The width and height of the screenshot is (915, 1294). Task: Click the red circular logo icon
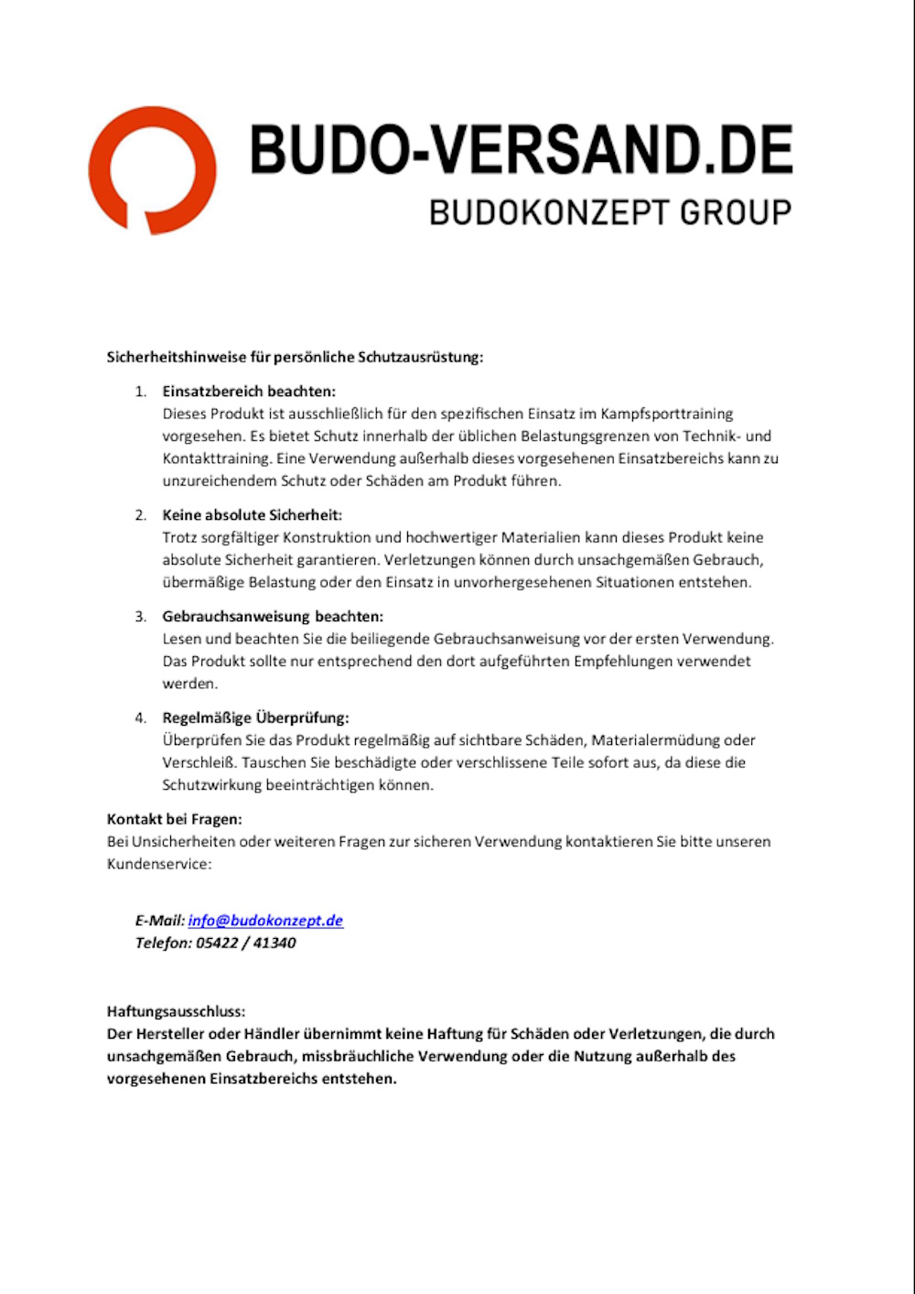click(152, 170)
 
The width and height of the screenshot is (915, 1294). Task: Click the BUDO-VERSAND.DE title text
click(521, 150)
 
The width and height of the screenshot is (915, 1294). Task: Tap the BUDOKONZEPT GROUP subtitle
click(610, 212)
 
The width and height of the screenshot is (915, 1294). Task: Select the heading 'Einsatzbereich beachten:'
click(249, 392)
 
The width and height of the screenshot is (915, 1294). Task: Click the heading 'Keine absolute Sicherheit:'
click(252, 515)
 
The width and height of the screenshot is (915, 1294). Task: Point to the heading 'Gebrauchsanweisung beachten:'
click(273, 617)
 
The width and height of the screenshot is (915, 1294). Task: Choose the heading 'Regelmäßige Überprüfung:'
click(255, 718)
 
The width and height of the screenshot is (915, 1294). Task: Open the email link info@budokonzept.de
click(265, 921)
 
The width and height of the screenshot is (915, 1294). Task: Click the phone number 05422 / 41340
click(246, 944)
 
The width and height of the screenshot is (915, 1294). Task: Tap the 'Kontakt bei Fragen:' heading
click(174, 819)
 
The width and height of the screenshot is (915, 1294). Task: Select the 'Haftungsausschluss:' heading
click(176, 1012)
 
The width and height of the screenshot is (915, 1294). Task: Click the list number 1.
click(140, 392)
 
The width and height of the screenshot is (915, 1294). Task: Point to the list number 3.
click(140, 617)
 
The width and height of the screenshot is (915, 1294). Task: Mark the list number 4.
click(140, 718)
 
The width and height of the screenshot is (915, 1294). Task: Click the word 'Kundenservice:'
click(159, 864)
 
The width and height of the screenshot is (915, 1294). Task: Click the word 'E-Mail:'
click(159, 921)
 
